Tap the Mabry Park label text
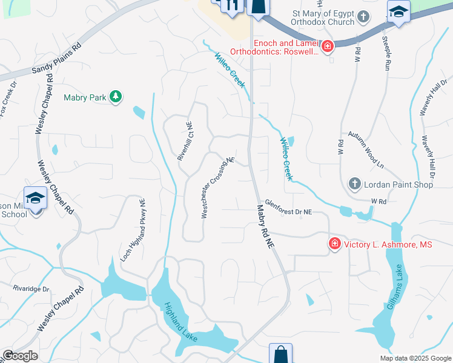[x=85, y=97]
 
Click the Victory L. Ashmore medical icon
[x=334, y=244]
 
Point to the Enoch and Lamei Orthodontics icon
[x=328, y=46]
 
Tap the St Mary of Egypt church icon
[x=363, y=16]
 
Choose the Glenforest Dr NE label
[x=288, y=208]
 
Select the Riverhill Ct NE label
[x=185, y=140]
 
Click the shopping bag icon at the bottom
[x=281, y=353]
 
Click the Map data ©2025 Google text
[x=415, y=358]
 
